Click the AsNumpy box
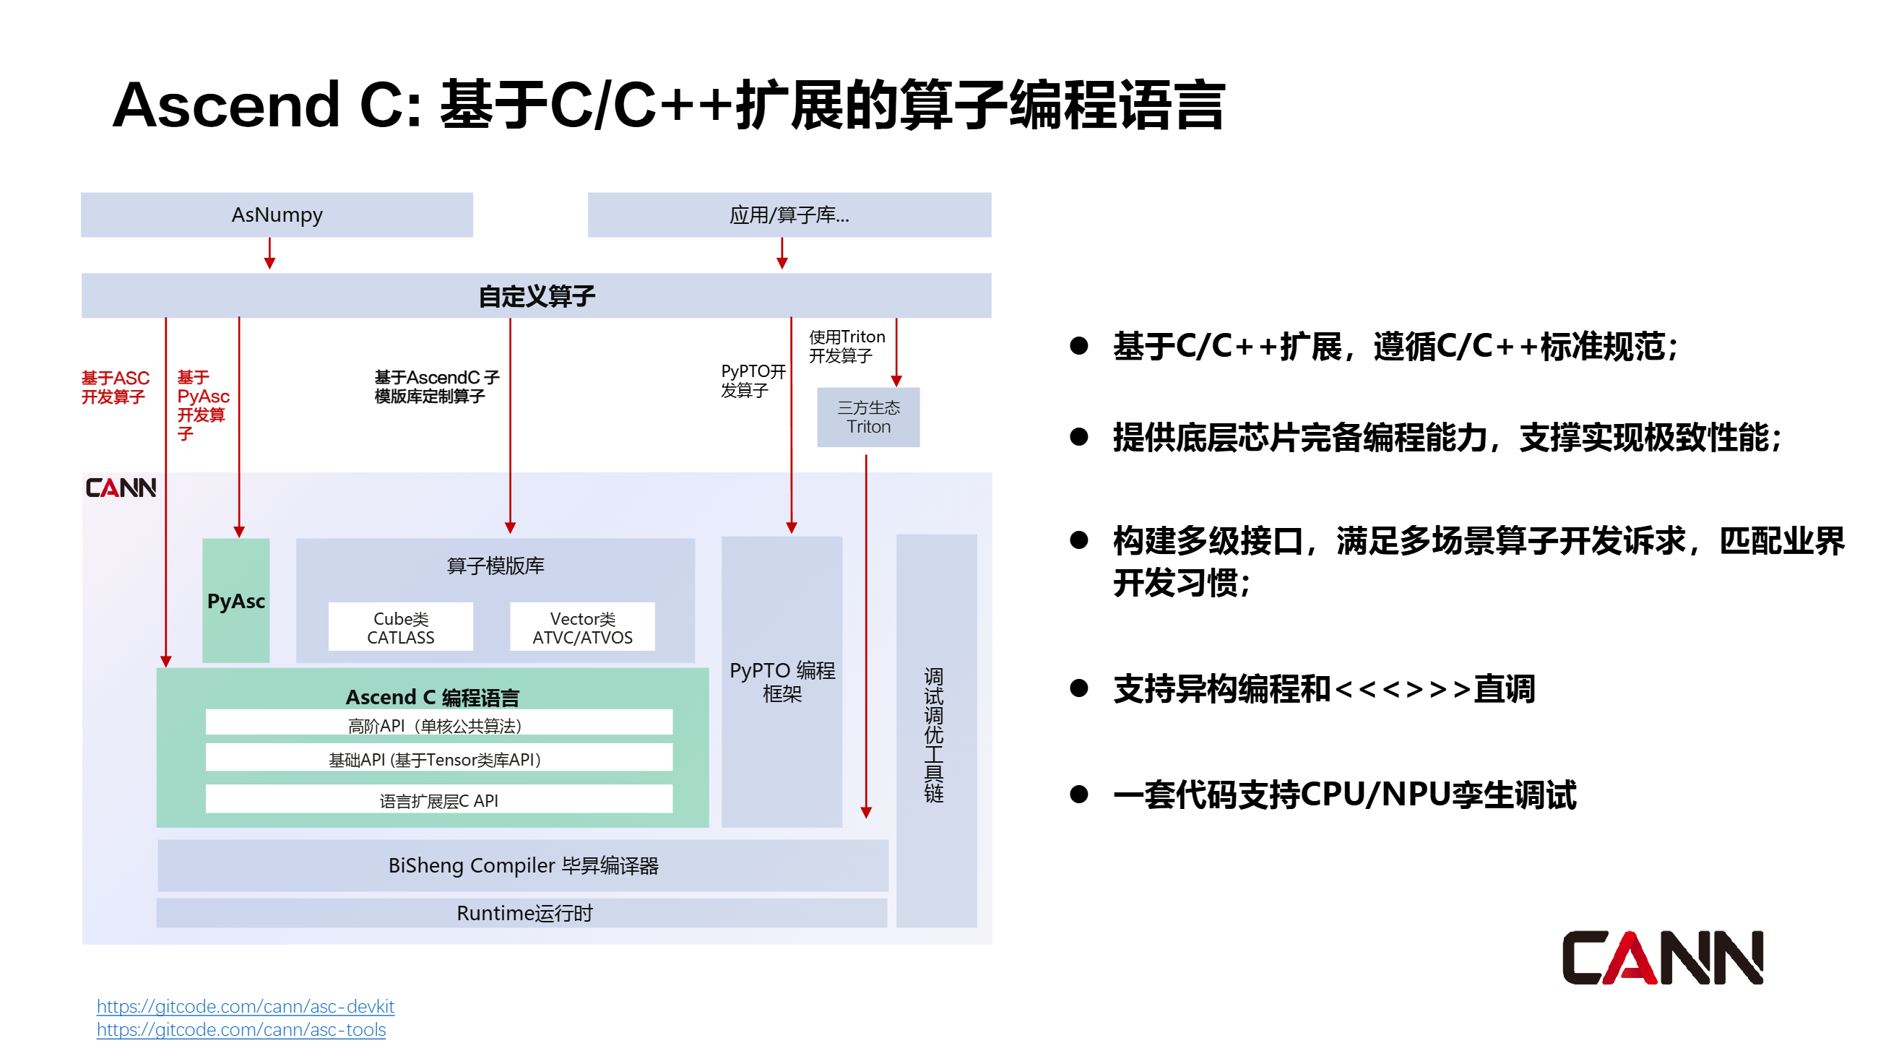[277, 215]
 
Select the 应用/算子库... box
[789, 215]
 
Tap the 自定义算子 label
[537, 296]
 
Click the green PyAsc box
[235, 600]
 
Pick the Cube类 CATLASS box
[400, 627]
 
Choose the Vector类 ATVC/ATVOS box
[581, 627]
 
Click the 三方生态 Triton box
[867, 417]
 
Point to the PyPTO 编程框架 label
[782, 680]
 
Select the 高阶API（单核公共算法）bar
[438, 724]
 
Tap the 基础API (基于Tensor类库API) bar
[438, 758]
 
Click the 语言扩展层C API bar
[438, 800]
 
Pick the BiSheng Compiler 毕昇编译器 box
[523, 865]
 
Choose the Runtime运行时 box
[523, 912]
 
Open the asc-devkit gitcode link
[245, 1005]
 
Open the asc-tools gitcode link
[241, 1029]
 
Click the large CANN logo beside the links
[1661, 958]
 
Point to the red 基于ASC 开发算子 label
[114, 387]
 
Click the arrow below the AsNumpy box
[269, 254]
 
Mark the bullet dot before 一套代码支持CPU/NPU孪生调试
[1078, 794]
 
